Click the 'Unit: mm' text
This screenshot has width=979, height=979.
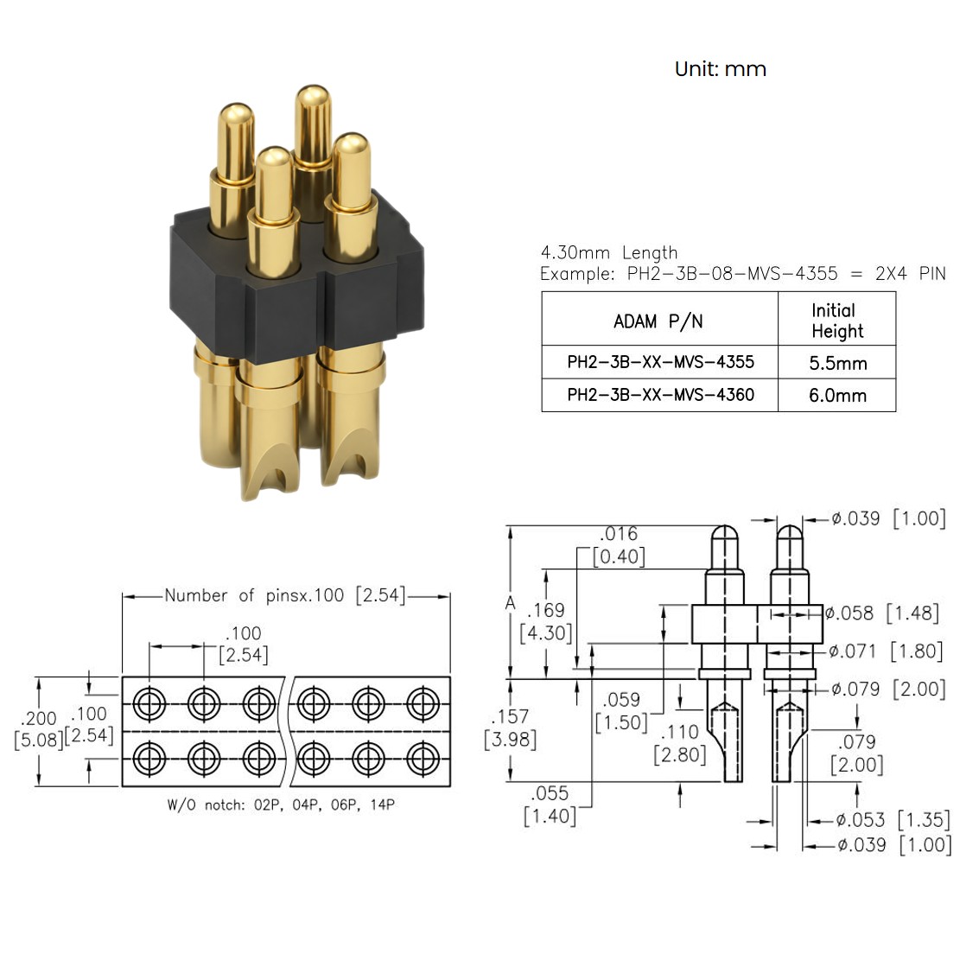721,68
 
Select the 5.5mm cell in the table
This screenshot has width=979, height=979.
837,363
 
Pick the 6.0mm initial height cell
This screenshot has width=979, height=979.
837,395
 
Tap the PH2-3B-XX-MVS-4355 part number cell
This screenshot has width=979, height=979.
660,362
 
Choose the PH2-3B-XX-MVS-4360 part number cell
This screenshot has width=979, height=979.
660,395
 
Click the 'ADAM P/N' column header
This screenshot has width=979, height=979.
658,321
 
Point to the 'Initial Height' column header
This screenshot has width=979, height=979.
837,321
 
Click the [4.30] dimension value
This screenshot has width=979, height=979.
546,633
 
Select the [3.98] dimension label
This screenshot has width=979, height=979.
510,740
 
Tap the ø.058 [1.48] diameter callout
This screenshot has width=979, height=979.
881,613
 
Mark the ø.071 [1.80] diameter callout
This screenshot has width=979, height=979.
886,652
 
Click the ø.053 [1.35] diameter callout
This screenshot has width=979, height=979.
893,820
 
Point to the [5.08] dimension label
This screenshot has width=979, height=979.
39,740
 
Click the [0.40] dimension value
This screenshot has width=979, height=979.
619,556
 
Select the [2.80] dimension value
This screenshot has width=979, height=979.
680,755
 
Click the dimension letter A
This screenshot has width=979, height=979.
510,603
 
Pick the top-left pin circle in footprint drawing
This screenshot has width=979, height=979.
149,703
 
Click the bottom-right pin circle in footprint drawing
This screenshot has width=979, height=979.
423,759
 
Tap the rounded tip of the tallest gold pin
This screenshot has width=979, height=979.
313,95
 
